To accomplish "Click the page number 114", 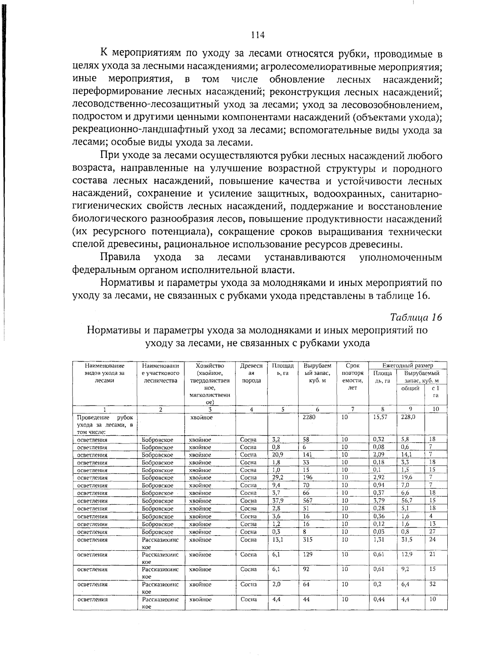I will [258, 35].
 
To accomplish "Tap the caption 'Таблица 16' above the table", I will [416, 317].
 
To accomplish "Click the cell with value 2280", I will [309, 417].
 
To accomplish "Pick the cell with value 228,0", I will [407, 417].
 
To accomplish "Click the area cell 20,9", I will [278, 455].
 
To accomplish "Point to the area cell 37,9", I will [278, 501].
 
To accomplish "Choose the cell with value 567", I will [308, 501].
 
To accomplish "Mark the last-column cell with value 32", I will [433, 584].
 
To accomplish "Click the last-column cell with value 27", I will [433, 532].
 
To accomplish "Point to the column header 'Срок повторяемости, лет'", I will [353, 376].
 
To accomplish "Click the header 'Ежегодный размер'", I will [407, 365].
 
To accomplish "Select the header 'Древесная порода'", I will [251, 373].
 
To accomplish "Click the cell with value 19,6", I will [407, 477].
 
